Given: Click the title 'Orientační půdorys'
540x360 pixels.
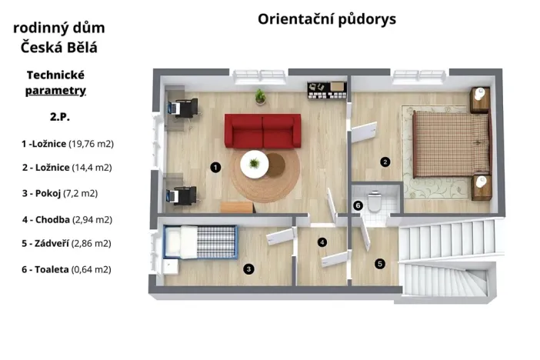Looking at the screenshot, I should click(x=327, y=19).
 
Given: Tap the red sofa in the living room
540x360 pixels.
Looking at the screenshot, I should click(x=262, y=130).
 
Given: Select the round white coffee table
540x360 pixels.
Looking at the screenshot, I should click(x=255, y=163).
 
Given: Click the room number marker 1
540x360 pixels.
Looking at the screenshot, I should click(x=216, y=166).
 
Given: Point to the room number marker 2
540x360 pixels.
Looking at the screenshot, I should click(x=385, y=162).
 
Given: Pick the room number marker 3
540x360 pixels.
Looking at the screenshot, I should click(x=248, y=269).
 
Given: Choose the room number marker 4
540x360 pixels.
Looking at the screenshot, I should click(x=322, y=243).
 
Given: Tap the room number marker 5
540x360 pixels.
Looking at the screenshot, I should click(x=379, y=263).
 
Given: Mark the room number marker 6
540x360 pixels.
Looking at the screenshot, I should click(x=358, y=205).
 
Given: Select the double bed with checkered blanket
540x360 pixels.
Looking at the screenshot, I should click(x=450, y=143).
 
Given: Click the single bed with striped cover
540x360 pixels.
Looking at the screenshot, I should click(x=200, y=242).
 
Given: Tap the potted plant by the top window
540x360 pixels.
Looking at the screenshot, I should click(x=261, y=96).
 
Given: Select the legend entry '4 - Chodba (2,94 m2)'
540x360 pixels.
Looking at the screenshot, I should click(x=67, y=219).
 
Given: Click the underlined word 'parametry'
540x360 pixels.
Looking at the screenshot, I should click(x=55, y=91).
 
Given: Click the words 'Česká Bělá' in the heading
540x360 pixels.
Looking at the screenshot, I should click(x=59, y=48).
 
